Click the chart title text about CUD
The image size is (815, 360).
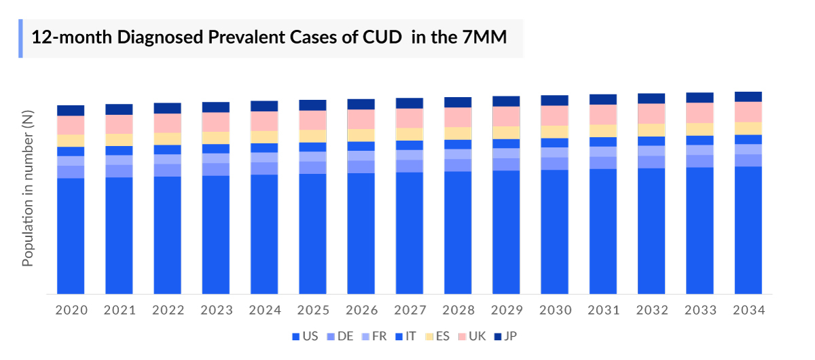(269, 37)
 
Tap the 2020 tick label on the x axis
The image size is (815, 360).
(71, 310)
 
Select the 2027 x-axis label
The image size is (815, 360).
(410, 310)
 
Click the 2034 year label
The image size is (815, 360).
(748, 310)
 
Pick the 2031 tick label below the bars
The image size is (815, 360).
(603, 310)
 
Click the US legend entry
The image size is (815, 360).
(304, 336)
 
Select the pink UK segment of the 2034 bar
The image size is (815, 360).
(748, 111)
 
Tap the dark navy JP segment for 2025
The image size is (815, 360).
(313, 105)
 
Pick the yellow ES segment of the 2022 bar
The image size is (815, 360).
(168, 139)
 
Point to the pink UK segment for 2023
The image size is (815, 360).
(216, 122)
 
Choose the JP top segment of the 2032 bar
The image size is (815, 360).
(651, 98)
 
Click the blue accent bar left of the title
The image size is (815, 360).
(20, 38)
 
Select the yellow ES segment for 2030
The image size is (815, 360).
(555, 132)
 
